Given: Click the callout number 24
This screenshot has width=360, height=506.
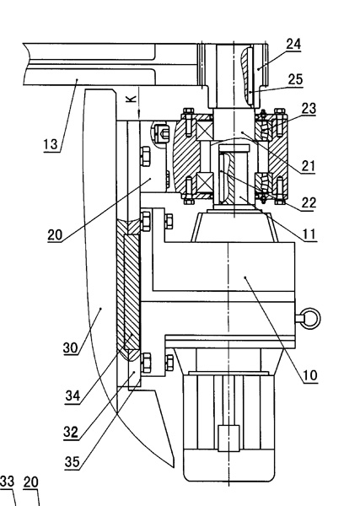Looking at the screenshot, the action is (293, 44).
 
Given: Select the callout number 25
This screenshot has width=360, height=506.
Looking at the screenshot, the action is (295, 79).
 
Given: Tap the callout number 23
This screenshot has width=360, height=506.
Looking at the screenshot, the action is (309, 109).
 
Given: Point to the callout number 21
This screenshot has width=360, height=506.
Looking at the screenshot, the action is (308, 166).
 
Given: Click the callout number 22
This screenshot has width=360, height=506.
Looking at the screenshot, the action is (309, 203).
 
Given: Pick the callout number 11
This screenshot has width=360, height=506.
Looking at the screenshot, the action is (309, 234).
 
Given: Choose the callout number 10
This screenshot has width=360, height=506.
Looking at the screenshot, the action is (310, 375).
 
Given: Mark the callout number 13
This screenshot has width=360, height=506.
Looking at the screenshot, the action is (51, 144).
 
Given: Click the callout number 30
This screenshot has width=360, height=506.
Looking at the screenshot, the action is (71, 347).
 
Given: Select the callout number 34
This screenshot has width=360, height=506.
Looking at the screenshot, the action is (73, 396).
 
